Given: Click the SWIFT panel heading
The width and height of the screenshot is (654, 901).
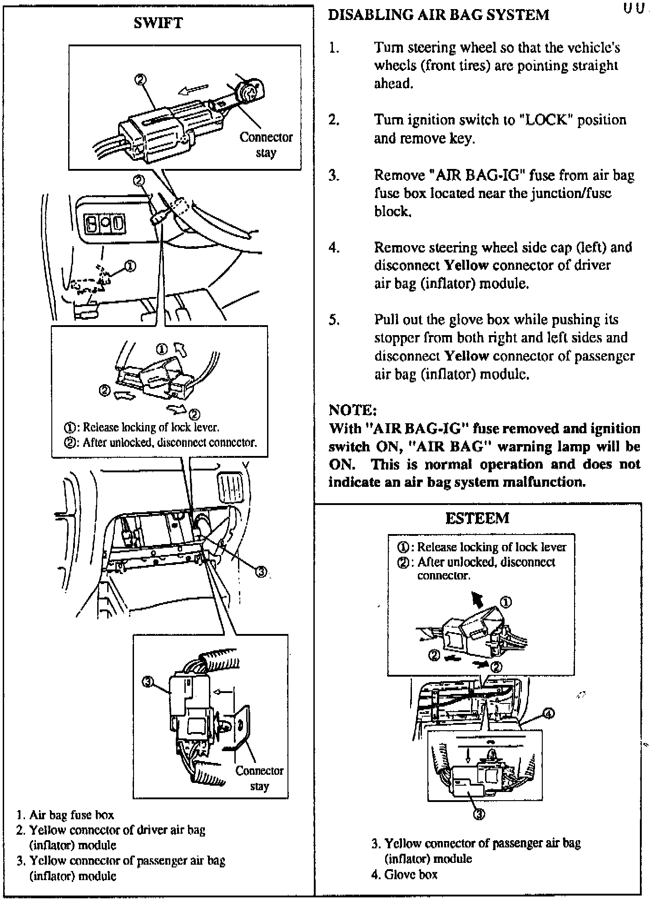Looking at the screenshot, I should pos(158,23).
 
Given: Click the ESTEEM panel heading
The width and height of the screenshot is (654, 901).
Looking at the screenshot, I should pos(477,518).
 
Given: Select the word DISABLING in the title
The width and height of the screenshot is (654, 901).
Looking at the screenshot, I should pos(369,15).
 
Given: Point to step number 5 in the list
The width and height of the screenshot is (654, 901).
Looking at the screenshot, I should pos(334,320).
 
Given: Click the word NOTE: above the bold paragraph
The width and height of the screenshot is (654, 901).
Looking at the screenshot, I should pos(352,411).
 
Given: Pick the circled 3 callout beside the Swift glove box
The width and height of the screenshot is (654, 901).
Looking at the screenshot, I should pos(262,572).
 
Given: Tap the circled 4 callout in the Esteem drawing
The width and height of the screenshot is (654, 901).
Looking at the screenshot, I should pos(549,714).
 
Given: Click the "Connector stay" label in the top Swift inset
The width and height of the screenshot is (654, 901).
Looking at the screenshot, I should pos(266,144).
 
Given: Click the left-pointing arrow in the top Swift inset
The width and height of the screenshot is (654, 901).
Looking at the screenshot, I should pos(193,89).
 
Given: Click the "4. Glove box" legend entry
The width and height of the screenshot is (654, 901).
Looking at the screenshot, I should pos(404,874).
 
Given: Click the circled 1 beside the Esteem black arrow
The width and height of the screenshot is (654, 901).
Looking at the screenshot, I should pos(506,602).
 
